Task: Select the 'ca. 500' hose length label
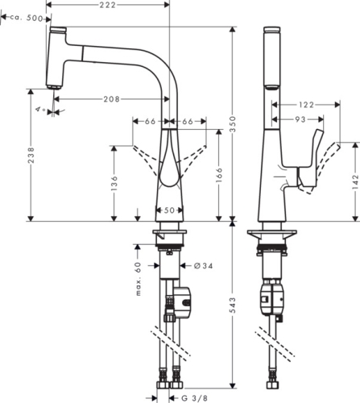coord(27,17)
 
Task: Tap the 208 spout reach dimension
coord(112,99)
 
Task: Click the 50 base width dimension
coord(168,210)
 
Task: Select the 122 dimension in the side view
coord(305,105)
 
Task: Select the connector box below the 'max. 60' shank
coord(184,303)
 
